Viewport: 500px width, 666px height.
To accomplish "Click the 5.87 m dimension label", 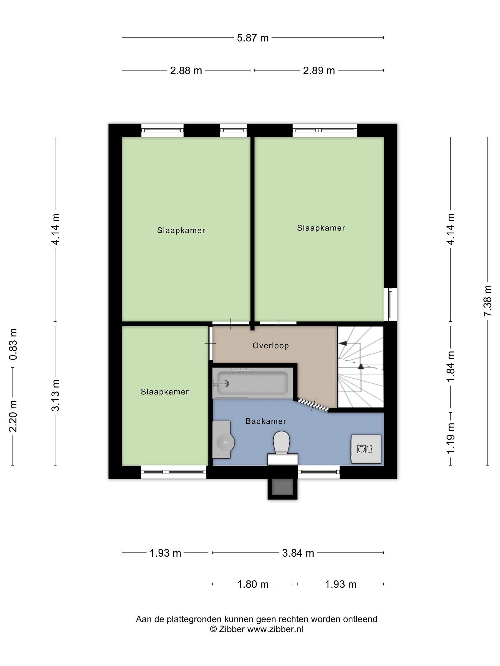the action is click(253, 38).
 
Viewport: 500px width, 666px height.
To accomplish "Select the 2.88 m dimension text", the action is click(186, 71).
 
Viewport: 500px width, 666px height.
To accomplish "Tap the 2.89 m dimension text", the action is click(319, 71).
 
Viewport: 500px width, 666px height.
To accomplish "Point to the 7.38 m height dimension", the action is click(487, 300).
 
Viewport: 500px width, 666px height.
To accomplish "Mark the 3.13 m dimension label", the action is click(56, 395).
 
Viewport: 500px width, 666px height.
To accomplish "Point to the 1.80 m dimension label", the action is click(253, 584).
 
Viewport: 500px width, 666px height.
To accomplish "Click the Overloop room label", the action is click(270, 346).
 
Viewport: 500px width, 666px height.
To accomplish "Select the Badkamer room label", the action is click(266, 421).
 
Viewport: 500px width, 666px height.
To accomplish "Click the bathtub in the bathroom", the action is click(252, 383).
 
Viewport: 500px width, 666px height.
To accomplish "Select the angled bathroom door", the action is click(312, 405).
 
